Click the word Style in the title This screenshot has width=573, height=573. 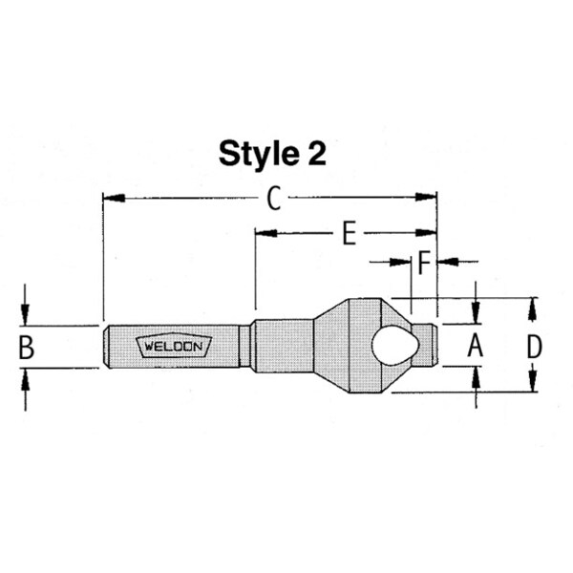260,154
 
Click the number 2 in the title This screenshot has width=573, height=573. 317,154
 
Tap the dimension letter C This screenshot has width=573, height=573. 273,199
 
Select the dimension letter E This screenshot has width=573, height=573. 349,232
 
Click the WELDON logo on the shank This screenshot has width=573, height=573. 175,346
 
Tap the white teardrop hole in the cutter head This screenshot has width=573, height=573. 392,346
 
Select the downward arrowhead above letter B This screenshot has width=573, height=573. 27,316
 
